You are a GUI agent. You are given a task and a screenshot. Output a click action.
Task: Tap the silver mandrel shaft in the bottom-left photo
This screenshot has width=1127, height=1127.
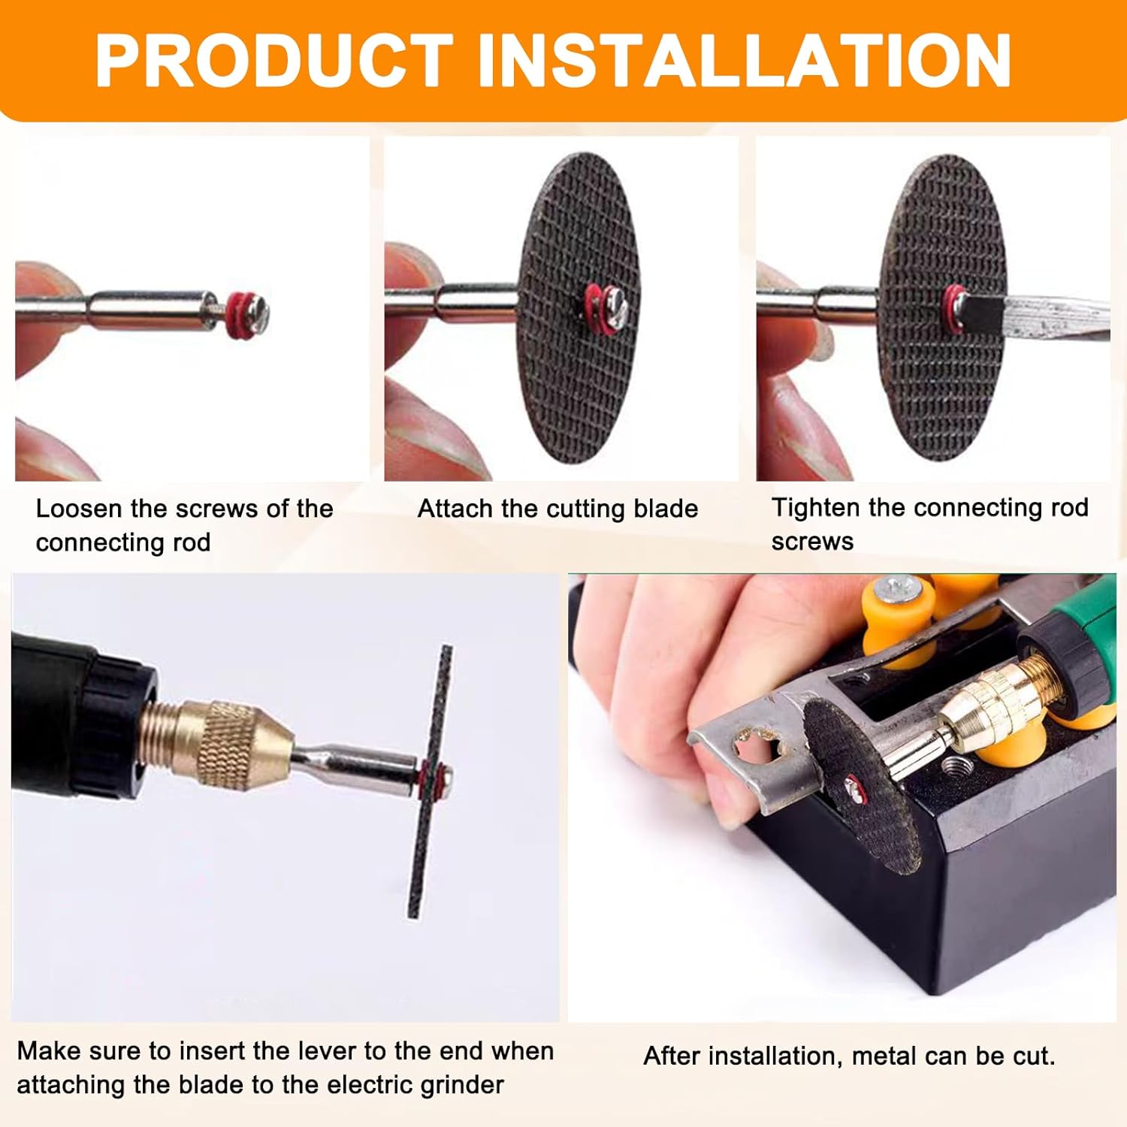[x=353, y=766]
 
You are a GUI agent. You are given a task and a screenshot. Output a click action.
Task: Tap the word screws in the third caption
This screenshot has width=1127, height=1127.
[x=812, y=542]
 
